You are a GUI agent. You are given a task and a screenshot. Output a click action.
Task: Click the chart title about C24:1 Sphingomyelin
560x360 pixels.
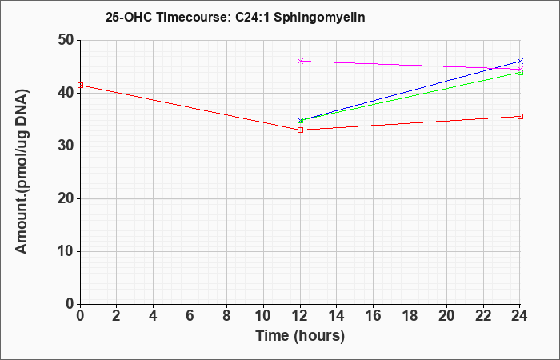coord(235,17)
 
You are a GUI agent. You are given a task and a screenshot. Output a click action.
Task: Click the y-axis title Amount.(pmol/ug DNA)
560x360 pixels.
coord(22,172)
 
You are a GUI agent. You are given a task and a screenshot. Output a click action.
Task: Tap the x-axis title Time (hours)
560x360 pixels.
coord(300,336)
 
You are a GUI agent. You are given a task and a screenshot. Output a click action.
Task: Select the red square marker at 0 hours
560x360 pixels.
coord(80,85)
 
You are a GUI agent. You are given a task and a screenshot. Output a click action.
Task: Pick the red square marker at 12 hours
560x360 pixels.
coord(300,130)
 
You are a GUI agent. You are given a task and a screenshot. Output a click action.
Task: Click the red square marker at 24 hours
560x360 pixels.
coord(520,117)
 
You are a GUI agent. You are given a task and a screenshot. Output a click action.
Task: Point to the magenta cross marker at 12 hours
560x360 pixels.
coord(300,61)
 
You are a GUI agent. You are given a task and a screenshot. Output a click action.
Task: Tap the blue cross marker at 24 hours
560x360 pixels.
coord(520,61)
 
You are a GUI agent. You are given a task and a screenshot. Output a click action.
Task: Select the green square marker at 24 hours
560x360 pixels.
coord(520,73)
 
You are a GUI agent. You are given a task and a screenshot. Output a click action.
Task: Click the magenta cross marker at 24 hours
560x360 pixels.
coord(520,69)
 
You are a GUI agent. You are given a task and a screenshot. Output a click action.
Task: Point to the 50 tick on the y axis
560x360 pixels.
coord(66,40)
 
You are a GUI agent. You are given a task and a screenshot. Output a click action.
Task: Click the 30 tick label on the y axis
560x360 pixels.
coord(66,146)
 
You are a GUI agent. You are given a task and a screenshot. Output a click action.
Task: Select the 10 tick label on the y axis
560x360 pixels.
coord(66,251)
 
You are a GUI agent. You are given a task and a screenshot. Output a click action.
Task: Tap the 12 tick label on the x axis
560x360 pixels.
coord(300,316)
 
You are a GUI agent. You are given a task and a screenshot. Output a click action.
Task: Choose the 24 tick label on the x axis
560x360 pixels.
coord(520,316)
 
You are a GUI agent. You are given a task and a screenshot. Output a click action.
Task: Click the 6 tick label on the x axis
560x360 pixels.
coord(190,316)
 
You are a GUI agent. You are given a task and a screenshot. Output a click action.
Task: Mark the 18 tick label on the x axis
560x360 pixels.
coord(410,316)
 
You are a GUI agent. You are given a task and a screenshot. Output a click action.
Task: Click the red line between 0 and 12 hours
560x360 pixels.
coord(190,107)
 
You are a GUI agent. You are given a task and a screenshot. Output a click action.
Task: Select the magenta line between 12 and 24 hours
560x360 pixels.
coord(410,65)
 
